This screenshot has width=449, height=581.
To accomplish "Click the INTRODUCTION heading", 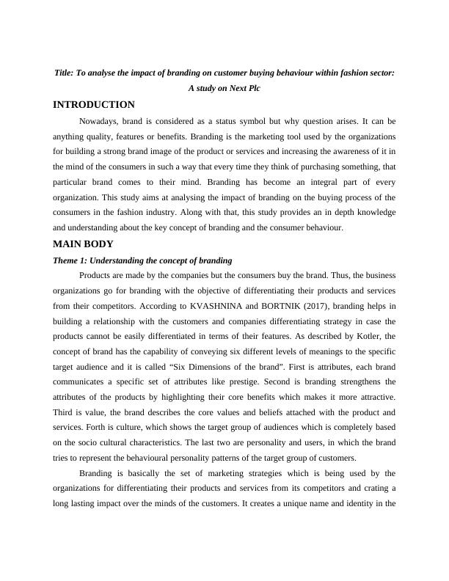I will pyautogui.click(x=93, y=105).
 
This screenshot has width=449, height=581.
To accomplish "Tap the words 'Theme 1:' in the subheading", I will pyautogui.click(x=72, y=260).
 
